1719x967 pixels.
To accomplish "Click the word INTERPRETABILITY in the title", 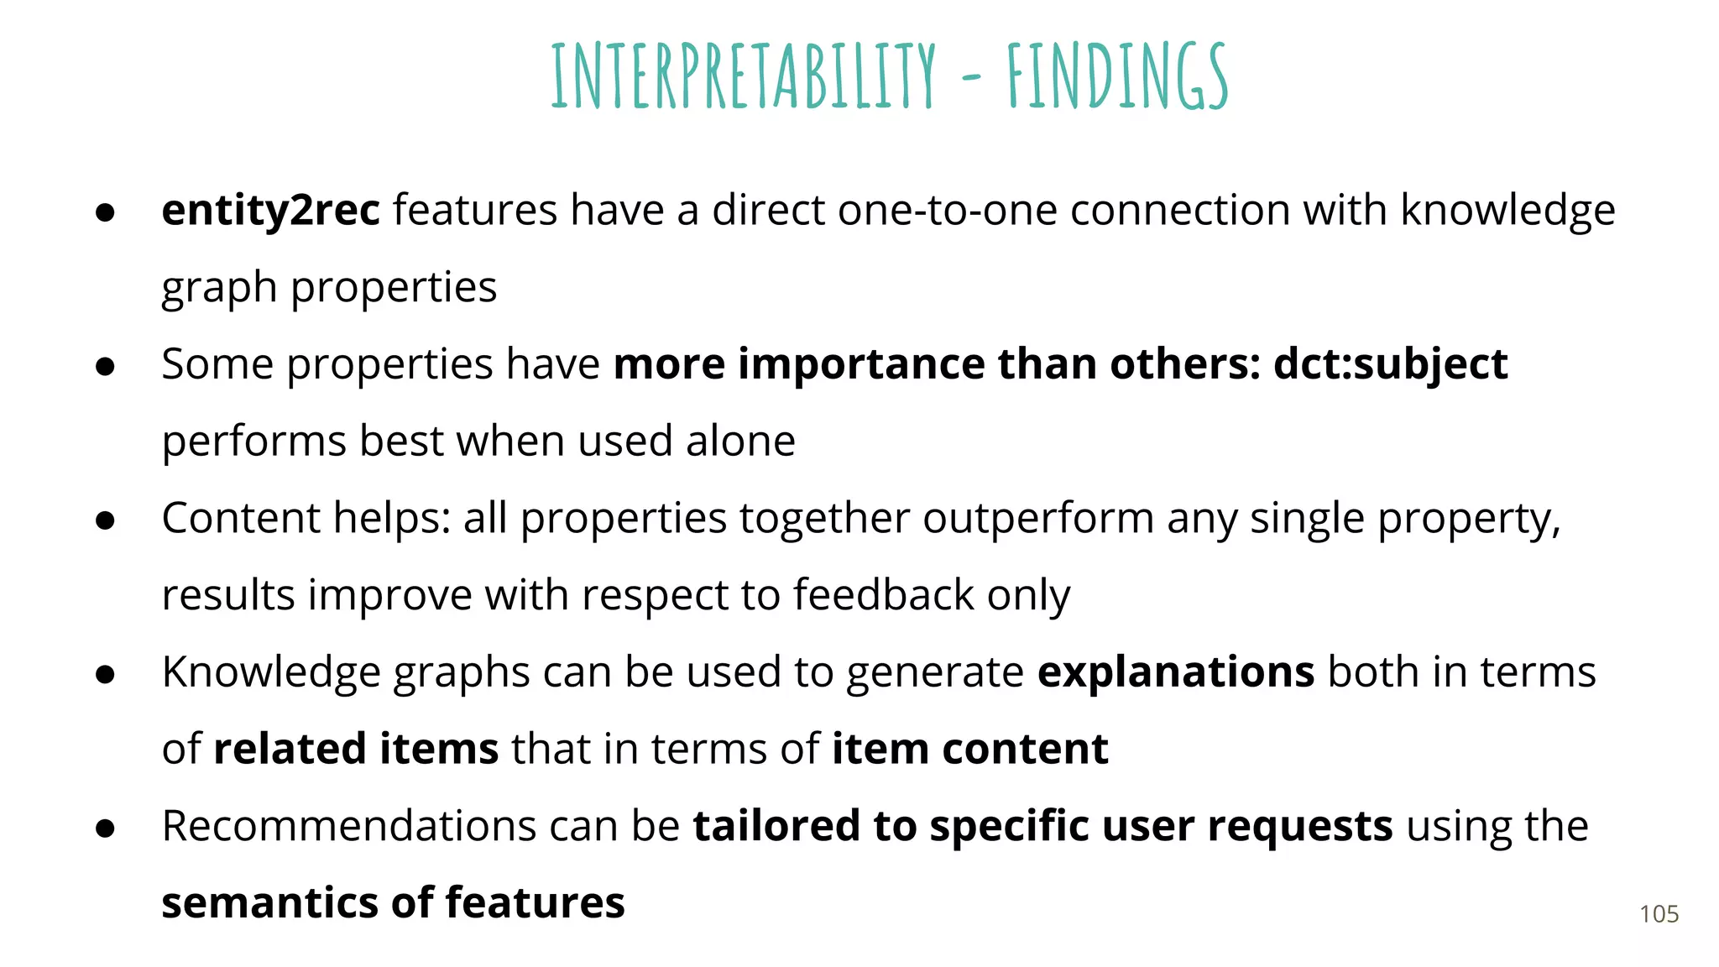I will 743,77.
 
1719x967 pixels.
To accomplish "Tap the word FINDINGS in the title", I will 1117,77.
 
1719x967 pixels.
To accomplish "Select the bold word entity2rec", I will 270,210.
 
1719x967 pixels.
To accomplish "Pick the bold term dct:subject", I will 1390,364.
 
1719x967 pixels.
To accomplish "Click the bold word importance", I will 860,364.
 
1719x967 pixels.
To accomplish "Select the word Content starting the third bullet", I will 241,518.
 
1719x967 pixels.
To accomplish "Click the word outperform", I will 1038,518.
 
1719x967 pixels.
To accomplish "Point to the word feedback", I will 883,595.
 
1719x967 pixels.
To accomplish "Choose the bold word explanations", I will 1175,672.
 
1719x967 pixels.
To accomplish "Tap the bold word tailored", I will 776,826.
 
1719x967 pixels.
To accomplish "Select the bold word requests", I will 1300,828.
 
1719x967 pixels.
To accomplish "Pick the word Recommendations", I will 348,826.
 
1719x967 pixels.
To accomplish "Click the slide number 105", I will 1659,914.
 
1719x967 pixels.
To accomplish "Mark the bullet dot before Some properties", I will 105,367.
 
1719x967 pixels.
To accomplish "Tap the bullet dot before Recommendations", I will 105,828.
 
